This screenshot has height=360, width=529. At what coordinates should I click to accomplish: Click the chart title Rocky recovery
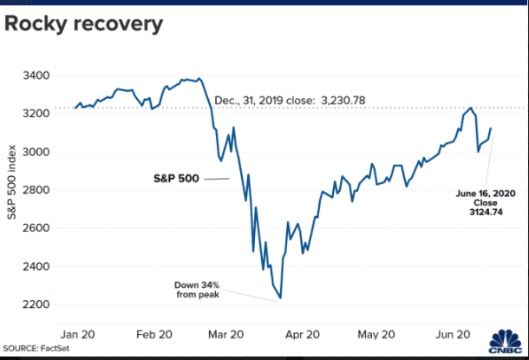click(84, 24)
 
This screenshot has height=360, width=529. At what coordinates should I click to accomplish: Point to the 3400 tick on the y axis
click(37, 75)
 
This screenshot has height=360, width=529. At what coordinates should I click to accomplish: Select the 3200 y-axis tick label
click(37, 114)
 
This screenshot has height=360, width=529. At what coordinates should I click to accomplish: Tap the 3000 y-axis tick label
click(37, 152)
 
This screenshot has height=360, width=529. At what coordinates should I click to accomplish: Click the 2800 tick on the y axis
click(37, 190)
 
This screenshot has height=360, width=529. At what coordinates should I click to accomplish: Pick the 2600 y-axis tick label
click(37, 228)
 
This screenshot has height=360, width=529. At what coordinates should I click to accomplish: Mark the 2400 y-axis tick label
click(37, 266)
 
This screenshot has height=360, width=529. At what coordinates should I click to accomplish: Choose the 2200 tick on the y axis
click(37, 304)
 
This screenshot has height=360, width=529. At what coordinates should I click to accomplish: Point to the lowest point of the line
click(280, 298)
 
